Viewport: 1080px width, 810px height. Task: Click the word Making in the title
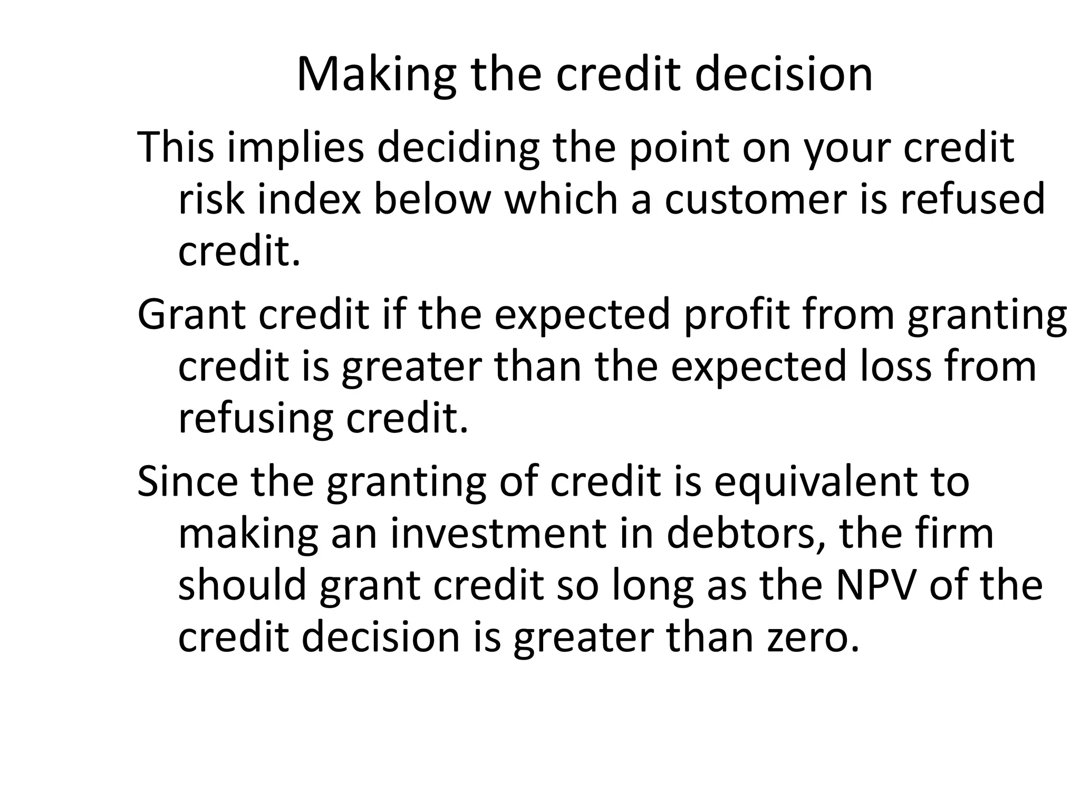[376, 75]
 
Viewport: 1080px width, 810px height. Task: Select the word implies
[296, 147]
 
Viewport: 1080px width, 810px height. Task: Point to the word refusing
[256, 418]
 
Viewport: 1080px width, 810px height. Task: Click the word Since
[187, 481]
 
